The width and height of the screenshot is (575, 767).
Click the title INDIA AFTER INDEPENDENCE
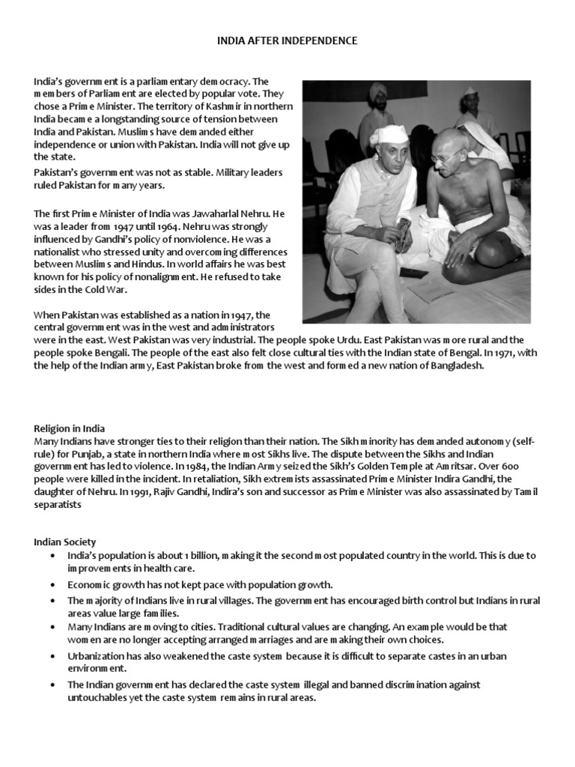[x=287, y=40]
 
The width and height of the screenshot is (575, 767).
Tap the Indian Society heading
[x=64, y=542]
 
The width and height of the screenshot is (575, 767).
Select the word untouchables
[x=97, y=697]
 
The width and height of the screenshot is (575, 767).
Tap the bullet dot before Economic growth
[x=51, y=584]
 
